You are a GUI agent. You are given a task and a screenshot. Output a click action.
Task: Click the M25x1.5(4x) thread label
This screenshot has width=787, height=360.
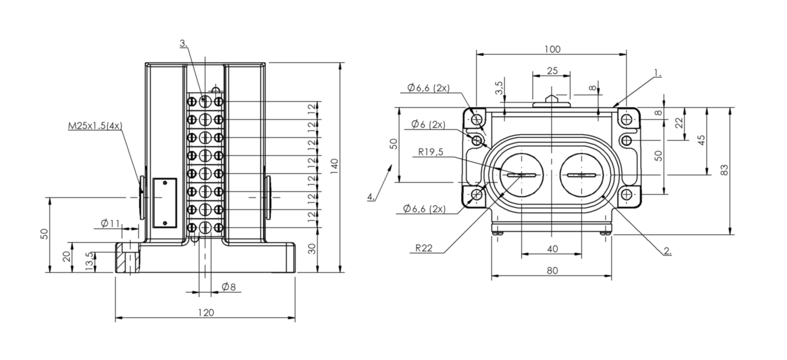(95, 126)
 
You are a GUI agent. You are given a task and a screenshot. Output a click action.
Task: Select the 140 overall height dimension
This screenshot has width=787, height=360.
(334, 166)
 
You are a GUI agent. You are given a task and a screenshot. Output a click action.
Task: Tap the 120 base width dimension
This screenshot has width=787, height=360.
(206, 313)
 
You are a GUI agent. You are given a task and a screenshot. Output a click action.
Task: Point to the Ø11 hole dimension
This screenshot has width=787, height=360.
(110, 223)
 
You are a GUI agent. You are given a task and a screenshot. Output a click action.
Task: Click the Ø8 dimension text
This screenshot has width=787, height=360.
(229, 287)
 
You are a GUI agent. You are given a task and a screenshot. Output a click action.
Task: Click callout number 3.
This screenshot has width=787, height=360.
(184, 43)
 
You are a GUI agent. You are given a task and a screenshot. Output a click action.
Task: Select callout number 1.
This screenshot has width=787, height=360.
(658, 73)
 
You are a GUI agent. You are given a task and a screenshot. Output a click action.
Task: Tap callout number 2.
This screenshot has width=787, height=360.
(668, 251)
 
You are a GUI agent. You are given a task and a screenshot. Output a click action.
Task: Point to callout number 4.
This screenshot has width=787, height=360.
(371, 196)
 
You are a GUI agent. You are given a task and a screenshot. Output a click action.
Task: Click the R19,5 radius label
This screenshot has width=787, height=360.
(431, 152)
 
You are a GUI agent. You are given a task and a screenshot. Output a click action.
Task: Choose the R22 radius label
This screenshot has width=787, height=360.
(424, 248)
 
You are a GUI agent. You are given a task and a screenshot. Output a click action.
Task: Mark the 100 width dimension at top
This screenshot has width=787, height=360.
(552, 49)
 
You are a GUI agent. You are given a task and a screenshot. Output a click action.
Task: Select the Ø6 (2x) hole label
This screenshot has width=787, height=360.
(428, 124)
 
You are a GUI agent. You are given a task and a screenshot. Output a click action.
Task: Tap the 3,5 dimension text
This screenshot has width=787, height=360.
(499, 88)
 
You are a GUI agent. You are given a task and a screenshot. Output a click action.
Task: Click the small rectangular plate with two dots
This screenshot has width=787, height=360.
(165, 203)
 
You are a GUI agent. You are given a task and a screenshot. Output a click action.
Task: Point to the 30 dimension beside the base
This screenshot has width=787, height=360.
(312, 249)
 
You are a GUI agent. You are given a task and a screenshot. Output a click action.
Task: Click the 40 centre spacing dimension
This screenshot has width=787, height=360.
(552, 249)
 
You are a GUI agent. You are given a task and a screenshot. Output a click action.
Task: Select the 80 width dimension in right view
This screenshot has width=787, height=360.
(552, 270)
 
